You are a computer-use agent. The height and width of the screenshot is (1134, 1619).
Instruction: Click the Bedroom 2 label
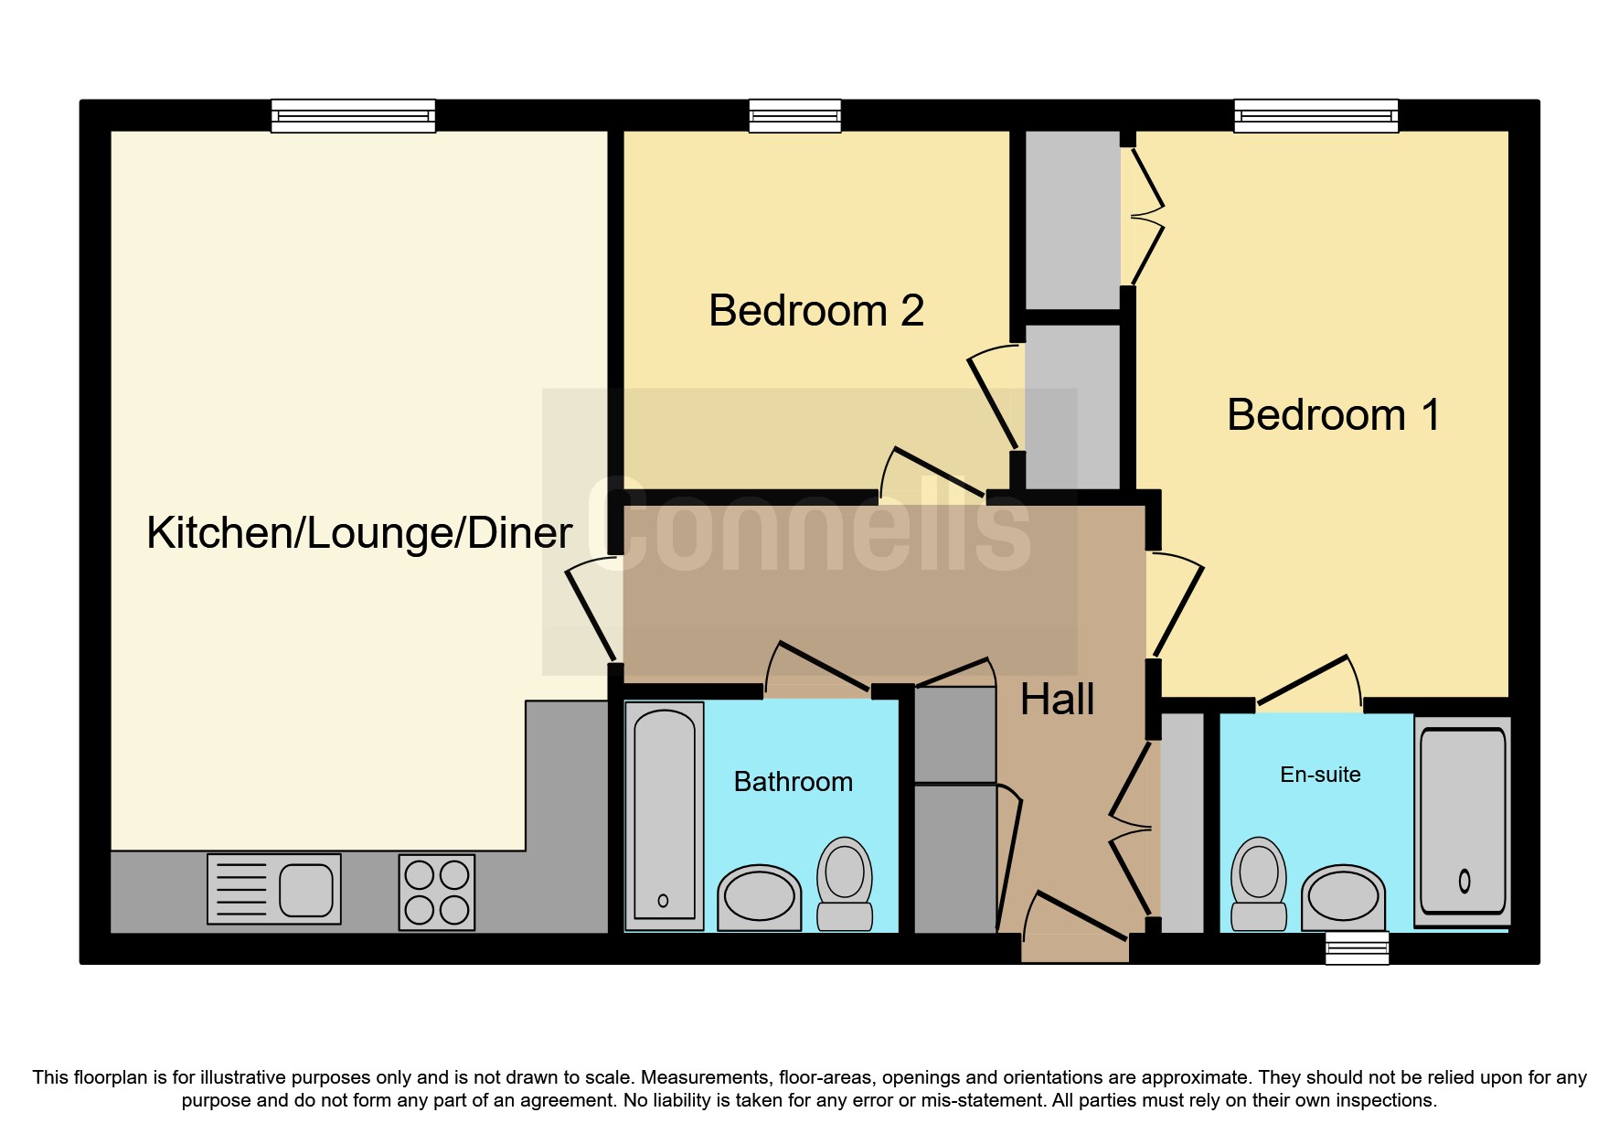coord(815,311)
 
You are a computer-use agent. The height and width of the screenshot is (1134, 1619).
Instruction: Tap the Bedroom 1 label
coord(1333,415)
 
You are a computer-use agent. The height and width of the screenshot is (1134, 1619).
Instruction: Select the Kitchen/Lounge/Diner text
coord(359,533)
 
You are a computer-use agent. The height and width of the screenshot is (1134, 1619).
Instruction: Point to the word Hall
coord(1057,701)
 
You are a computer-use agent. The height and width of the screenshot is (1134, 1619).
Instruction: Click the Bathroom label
coord(793,782)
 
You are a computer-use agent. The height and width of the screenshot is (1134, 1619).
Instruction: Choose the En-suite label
coord(1319,775)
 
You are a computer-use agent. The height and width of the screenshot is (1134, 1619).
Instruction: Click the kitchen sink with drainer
coord(274,889)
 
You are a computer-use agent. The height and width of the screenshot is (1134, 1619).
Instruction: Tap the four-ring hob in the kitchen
coord(437,892)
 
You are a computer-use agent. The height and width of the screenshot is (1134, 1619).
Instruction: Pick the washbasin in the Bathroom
coord(759,898)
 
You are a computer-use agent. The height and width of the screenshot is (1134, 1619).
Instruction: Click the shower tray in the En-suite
coord(1461,820)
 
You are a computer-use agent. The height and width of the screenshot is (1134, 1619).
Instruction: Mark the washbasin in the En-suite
coord(1343,897)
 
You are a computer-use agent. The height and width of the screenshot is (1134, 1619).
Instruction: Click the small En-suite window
coord(1357,948)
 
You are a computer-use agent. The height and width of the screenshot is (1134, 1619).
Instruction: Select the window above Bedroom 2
coord(794,116)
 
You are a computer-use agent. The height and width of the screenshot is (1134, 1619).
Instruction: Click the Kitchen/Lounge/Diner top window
coord(353,116)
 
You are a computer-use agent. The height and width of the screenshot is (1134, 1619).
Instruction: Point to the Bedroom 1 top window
coord(1315,116)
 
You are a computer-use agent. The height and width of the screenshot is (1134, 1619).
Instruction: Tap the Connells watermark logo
coord(809,530)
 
